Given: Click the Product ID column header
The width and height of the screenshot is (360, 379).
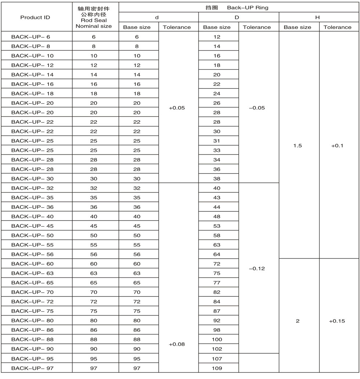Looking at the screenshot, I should click(x=35, y=17).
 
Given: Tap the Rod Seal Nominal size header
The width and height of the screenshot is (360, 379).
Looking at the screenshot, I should click(x=96, y=17).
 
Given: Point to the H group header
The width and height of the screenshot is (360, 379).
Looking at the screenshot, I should click(x=317, y=17).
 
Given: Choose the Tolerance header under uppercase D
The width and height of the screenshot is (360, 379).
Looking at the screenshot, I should click(x=257, y=27).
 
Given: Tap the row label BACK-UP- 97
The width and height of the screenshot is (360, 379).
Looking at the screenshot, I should click(x=32, y=368).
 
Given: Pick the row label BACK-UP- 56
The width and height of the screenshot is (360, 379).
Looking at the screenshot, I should click(x=32, y=254).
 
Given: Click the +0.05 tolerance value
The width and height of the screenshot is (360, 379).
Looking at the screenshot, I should click(x=177, y=108).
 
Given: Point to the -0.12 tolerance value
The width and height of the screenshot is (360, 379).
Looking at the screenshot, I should click(x=257, y=269).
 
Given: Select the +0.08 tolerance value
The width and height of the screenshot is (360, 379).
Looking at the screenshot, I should click(x=177, y=344).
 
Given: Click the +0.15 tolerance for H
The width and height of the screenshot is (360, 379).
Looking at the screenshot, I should click(x=337, y=321).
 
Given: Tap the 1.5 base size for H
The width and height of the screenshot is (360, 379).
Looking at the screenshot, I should click(x=298, y=146).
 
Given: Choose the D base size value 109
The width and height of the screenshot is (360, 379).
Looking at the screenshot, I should click(x=217, y=368).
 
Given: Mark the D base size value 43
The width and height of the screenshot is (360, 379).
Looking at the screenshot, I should click(x=217, y=197).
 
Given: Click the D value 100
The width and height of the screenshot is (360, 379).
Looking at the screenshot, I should click(x=217, y=339).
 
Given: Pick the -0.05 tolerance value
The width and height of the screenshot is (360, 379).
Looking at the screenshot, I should click(x=257, y=108).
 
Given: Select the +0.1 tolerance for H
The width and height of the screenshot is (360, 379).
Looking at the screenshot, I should click(x=337, y=146).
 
